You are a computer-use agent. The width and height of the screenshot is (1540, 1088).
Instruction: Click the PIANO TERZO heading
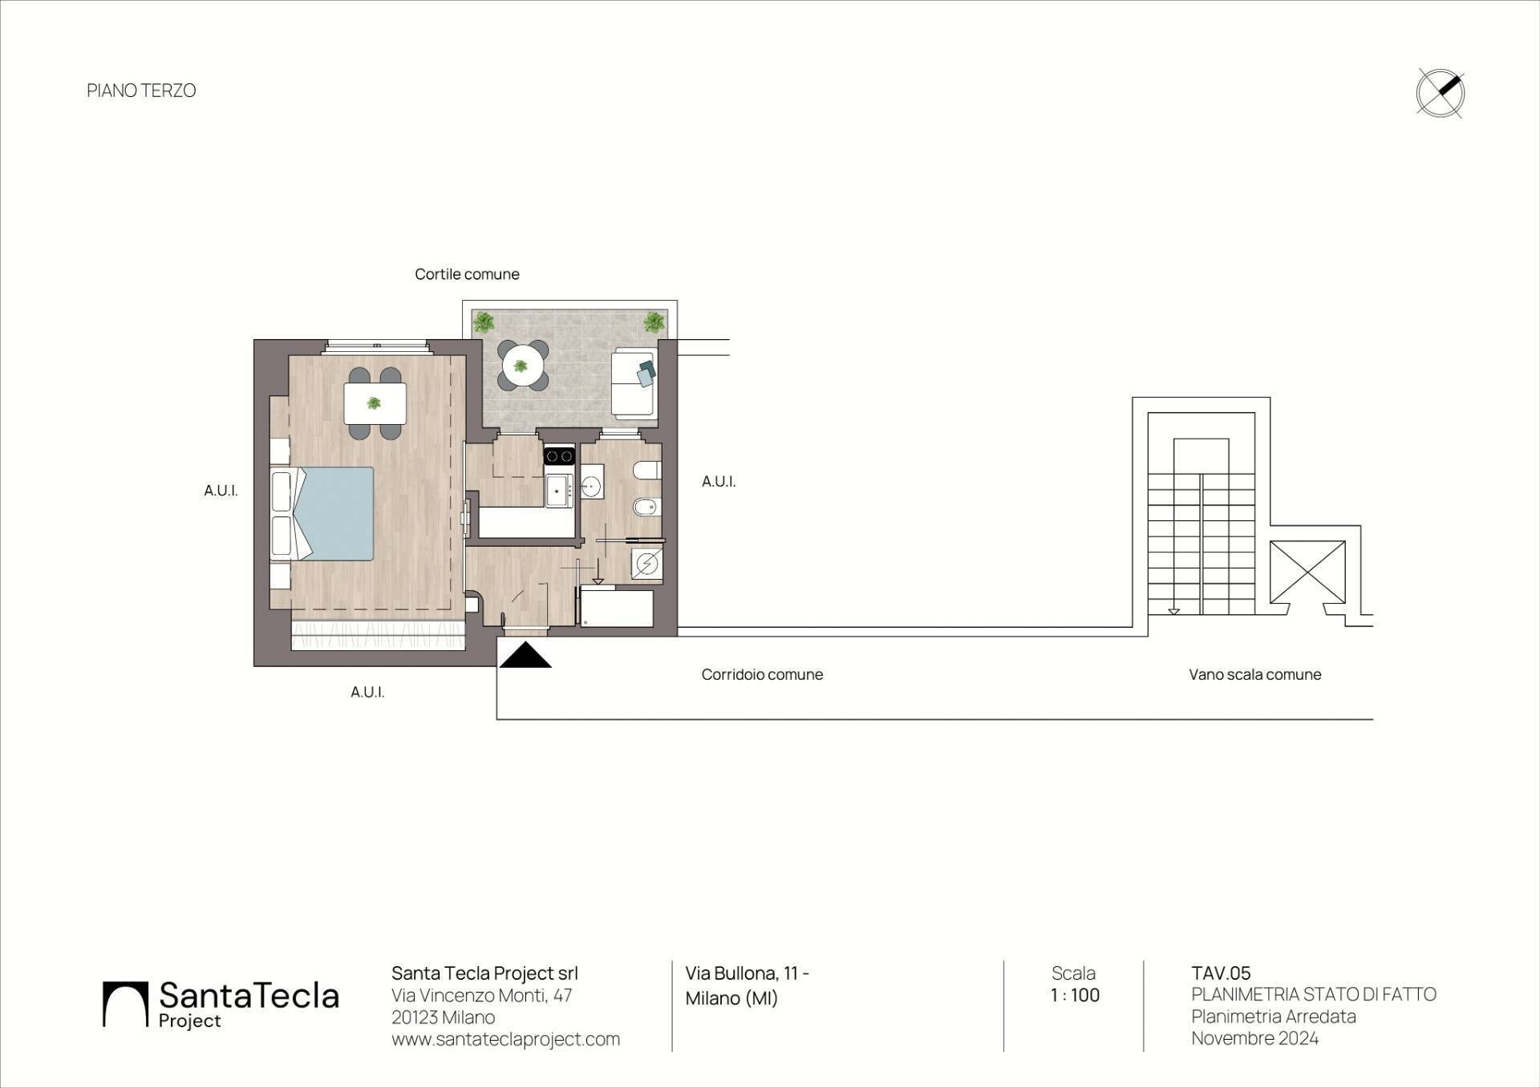pyautogui.click(x=141, y=91)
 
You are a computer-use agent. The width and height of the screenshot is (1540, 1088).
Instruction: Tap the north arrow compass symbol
pyautogui.click(x=1440, y=93)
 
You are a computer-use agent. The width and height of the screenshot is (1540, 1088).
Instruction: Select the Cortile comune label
pyautogui.click(x=467, y=274)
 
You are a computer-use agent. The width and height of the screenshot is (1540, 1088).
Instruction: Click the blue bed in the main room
pyautogui.click(x=333, y=514)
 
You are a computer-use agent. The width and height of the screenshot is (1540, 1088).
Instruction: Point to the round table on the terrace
pyautogui.click(x=521, y=366)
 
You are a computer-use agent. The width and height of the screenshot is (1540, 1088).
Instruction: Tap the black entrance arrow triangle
pyautogui.click(x=525, y=654)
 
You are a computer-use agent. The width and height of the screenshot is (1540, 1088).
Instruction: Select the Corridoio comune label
pyautogui.click(x=762, y=674)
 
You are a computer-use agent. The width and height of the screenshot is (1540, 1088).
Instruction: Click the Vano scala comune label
pyautogui.click(x=1254, y=674)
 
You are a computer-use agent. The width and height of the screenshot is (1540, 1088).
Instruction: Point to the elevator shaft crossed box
pyautogui.click(x=1307, y=572)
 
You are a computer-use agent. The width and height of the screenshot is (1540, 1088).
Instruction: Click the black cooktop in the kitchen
pyautogui.click(x=559, y=456)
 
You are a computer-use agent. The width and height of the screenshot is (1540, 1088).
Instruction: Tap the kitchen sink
pyautogui.click(x=557, y=490)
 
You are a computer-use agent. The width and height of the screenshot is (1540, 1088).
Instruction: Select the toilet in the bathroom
pyautogui.click(x=646, y=470)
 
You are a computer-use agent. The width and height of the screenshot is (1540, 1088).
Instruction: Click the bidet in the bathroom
pyautogui.click(x=646, y=507)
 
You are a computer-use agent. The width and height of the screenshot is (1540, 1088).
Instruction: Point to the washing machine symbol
pyautogui.click(x=646, y=564)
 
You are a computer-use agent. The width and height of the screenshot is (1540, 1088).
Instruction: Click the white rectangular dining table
pyautogui.click(x=375, y=403)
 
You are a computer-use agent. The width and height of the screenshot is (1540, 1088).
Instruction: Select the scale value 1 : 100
pyautogui.click(x=1075, y=995)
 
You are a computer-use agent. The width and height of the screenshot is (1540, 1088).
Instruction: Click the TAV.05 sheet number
pyautogui.click(x=1221, y=973)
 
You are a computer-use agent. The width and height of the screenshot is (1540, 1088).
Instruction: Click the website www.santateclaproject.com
pyautogui.click(x=505, y=1039)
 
